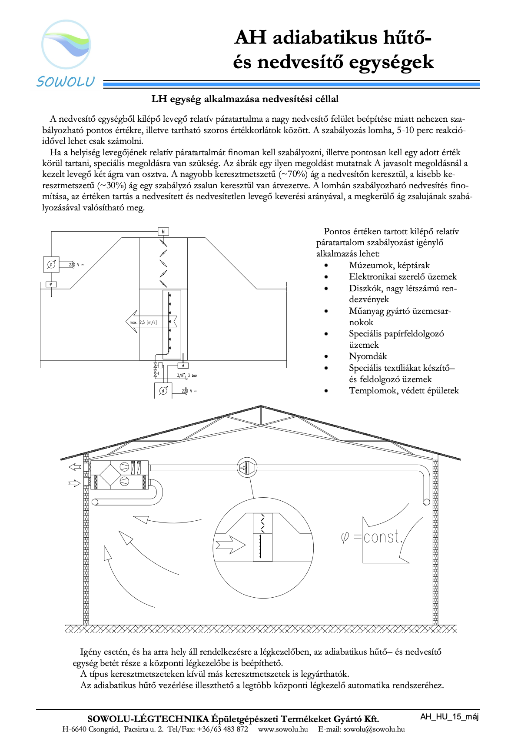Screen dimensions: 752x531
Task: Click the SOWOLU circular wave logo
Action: (x=66, y=44)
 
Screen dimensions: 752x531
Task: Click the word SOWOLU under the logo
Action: (x=66, y=82)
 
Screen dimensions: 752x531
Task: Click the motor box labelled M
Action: (x=163, y=232)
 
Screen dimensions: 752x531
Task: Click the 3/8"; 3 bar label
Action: (x=187, y=375)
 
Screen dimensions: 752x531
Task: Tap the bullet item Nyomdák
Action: (x=368, y=356)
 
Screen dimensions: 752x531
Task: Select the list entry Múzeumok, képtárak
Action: (x=389, y=265)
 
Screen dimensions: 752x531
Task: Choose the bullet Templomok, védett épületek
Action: (x=404, y=390)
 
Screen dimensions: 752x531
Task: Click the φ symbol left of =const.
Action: (x=345, y=538)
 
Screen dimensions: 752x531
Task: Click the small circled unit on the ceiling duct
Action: (x=247, y=468)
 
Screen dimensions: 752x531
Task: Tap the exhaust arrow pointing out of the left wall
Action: (x=75, y=467)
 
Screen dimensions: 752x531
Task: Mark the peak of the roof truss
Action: (x=261, y=407)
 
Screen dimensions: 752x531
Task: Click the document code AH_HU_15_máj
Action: (x=449, y=717)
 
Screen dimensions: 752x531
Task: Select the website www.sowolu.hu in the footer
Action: (x=283, y=729)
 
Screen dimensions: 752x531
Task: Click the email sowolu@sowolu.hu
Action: (x=374, y=729)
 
